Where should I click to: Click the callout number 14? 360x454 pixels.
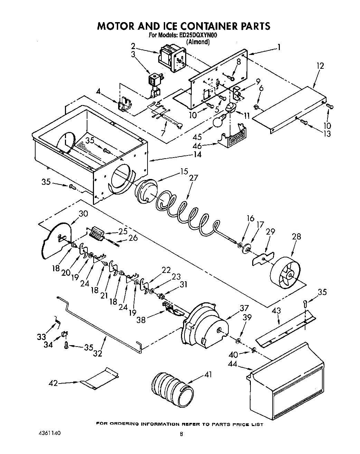tap(197, 154)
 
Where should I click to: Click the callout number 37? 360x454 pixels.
tap(244, 308)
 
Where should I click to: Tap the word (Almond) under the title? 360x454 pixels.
tap(198, 42)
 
